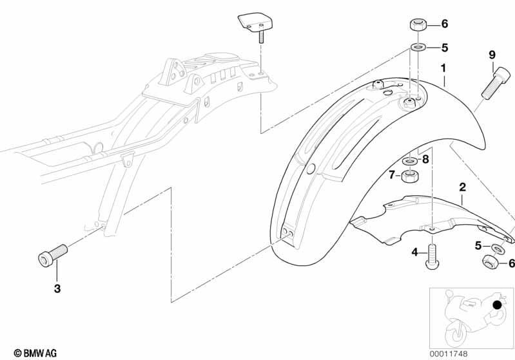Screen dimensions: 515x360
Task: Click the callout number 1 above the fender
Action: pyautogui.click(x=443, y=68)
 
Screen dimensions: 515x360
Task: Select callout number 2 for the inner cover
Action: pyautogui.click(x=462, y=187)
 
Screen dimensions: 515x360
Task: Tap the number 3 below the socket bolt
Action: pyautogui.click(x=57, y=289)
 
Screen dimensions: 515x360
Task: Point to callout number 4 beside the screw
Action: pyautogui.click(x=415, y=252)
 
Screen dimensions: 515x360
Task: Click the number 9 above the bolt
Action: pyautogui.click(x=492, y=55)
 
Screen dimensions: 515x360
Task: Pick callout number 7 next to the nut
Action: pyautogui.click(x=391, y=175)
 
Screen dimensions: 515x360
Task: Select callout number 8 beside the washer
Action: pyautogui.click(x=425, y=160)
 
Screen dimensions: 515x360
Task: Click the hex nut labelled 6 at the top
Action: pyautogui.click(x=418, y=26)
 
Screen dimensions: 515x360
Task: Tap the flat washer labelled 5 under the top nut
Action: pyautogui.click(x=418, y=48)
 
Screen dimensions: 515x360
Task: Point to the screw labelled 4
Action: pyautogui.click(x=432, y=257)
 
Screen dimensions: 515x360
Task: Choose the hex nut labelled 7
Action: pyautogui.click(x=410, y=176)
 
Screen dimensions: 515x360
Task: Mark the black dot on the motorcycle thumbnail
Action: pyautogui.click(x=498, y=305)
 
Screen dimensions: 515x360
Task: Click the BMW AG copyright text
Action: pyautogui.click(x=35, y=354)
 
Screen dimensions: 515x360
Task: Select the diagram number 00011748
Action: pyautogui.click(x=449, y=354)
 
